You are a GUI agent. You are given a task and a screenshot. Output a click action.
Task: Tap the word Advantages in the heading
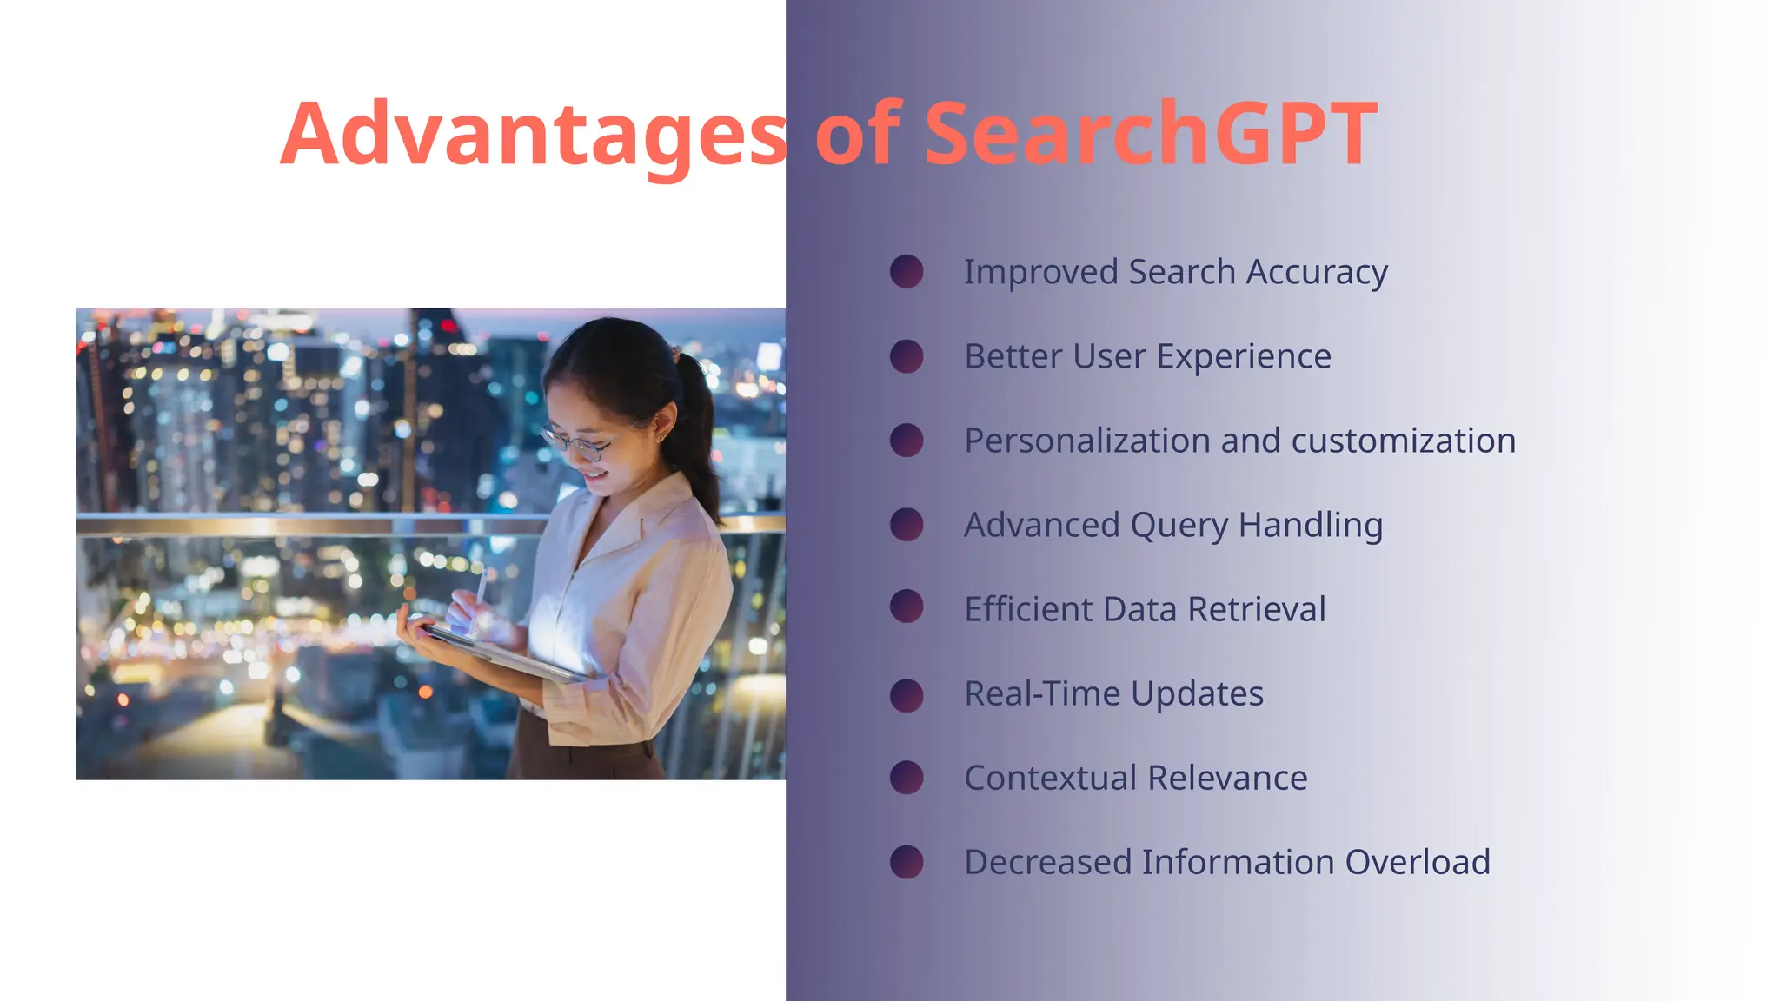point(534,135)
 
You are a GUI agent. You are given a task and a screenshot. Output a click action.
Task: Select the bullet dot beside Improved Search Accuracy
point(907,271)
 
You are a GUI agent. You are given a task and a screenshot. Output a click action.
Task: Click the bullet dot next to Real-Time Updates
point(907,695)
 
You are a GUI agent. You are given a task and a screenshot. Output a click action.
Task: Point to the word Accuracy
point(1317,273)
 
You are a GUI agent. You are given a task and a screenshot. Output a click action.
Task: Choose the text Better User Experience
point(1147,356)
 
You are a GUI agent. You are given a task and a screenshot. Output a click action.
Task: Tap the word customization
point(1403,441)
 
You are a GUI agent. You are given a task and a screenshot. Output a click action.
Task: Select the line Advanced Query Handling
point(1173,526)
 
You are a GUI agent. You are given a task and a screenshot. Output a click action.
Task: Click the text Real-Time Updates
point(1113,693)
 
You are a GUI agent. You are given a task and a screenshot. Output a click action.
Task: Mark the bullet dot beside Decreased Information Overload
point(907,862)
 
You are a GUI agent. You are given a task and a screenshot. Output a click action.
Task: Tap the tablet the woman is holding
point(504,652)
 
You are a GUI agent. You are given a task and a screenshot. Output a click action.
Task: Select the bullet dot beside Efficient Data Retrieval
point(907,607)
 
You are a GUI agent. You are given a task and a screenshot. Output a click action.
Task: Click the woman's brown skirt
point(591,760)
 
